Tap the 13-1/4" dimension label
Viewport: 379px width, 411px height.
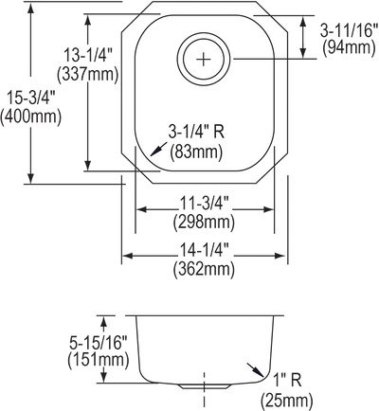88,56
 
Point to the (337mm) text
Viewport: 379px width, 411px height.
87,75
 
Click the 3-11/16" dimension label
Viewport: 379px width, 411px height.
349,31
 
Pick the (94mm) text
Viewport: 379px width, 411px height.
349,48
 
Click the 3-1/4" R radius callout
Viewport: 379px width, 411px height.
196,132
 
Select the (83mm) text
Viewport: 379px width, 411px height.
196,152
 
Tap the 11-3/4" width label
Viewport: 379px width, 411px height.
204,204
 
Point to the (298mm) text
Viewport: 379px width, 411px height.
204,223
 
